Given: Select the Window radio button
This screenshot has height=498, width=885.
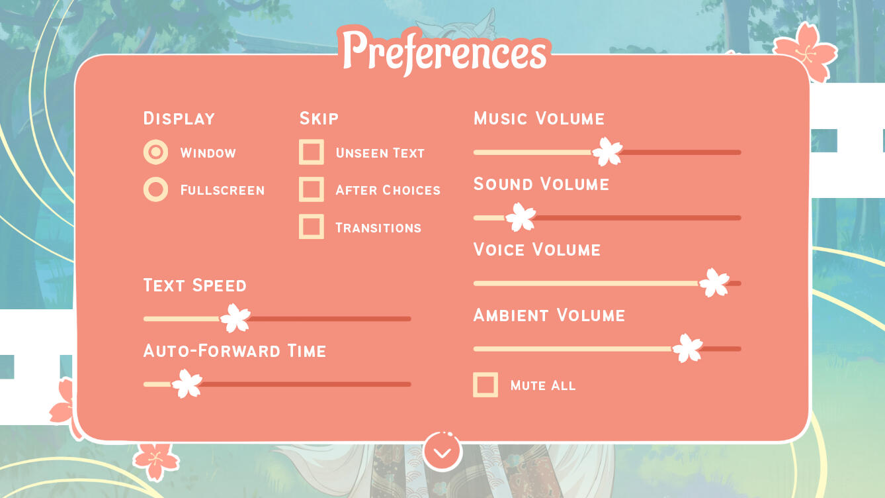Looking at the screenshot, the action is (x=155, y=152).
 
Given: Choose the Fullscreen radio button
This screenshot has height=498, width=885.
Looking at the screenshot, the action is (x=155, y=189).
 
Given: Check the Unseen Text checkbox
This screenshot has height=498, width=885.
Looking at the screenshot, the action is (x=312, y=152).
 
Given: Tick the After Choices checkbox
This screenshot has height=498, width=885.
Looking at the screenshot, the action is (x=312, y=189).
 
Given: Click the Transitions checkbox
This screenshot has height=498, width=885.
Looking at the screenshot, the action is (x=312, y=226).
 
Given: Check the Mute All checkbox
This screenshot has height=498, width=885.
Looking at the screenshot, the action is (x=485, y=385).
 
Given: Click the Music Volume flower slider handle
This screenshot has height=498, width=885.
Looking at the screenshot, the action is (x=607, y=152).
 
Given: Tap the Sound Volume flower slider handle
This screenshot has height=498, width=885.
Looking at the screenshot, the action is (x=521, y=217).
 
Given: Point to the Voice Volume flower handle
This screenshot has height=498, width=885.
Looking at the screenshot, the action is (x=714, y=282).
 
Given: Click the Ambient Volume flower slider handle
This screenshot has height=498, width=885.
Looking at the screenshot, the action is (x=687, y=348).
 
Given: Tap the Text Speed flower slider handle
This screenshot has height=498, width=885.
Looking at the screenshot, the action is (x=235, y=318).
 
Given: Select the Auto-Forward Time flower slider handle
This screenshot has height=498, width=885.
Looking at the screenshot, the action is (x=187, y=383).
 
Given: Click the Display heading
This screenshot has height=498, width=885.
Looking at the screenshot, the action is (x=179, y=119).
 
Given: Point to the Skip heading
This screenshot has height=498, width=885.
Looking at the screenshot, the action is (x=319, y=119).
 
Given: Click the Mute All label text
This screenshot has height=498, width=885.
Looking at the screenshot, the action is (x=543, y=385).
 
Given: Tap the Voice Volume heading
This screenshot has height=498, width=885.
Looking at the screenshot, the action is (x=537, y=250).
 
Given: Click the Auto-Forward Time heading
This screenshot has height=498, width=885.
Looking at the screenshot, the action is (x=235, y=351).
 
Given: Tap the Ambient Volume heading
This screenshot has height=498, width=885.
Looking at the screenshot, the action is (x=549, y=315).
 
